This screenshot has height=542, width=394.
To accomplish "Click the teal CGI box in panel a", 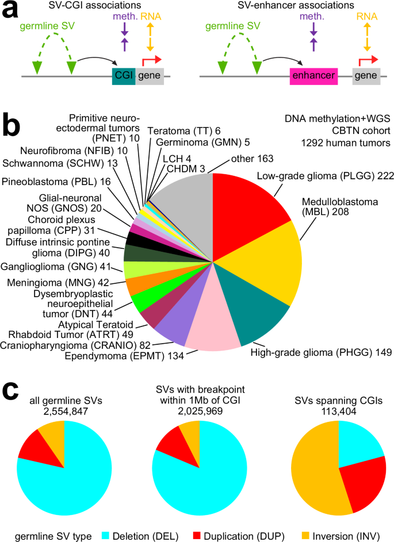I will pos(124,76).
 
